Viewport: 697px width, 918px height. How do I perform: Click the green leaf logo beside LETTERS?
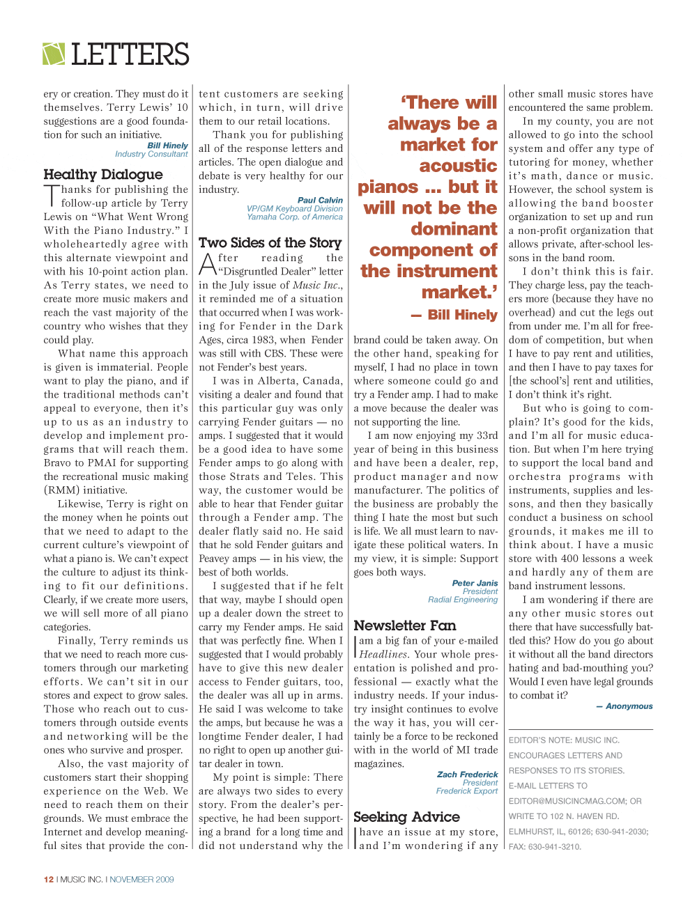54,54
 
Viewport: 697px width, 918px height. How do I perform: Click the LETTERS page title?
130,54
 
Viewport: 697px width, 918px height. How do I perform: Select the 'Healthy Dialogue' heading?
103,174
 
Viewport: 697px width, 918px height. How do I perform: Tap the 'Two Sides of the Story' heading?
270,242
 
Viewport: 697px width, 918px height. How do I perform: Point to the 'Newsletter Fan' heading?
404,625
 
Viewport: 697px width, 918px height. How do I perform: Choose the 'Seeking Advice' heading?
406,816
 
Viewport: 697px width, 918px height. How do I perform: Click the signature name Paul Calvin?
320,200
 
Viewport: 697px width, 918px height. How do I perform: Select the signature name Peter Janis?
475,583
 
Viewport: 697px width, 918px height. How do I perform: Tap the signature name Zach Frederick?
467,774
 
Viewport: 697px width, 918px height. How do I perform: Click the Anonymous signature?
629,706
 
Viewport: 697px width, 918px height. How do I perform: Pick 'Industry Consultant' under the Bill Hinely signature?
151,154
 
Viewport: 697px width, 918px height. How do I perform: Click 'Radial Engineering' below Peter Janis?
463,600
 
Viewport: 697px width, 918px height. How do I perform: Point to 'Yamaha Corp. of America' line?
295,217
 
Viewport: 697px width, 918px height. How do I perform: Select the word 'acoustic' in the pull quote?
458,166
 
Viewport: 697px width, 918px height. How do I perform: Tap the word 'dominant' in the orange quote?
454,229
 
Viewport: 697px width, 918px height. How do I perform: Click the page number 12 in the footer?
49,880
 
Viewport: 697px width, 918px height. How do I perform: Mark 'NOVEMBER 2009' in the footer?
141,880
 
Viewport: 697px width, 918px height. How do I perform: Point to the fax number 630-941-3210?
554,847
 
